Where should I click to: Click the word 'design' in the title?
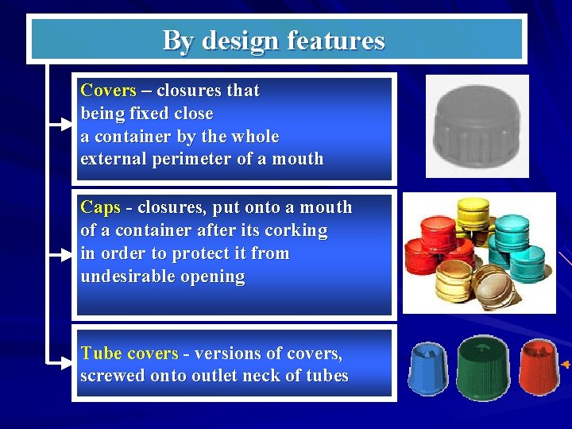(240, 40)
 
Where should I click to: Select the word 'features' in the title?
(335, 40)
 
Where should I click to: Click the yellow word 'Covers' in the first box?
(109, 91)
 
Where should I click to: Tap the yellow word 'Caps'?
(100, 207)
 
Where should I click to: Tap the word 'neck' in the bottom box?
(267, 376)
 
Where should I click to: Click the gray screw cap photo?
(477, 125)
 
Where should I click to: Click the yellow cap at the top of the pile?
(473, 211)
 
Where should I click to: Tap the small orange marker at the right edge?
(566, 364)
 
